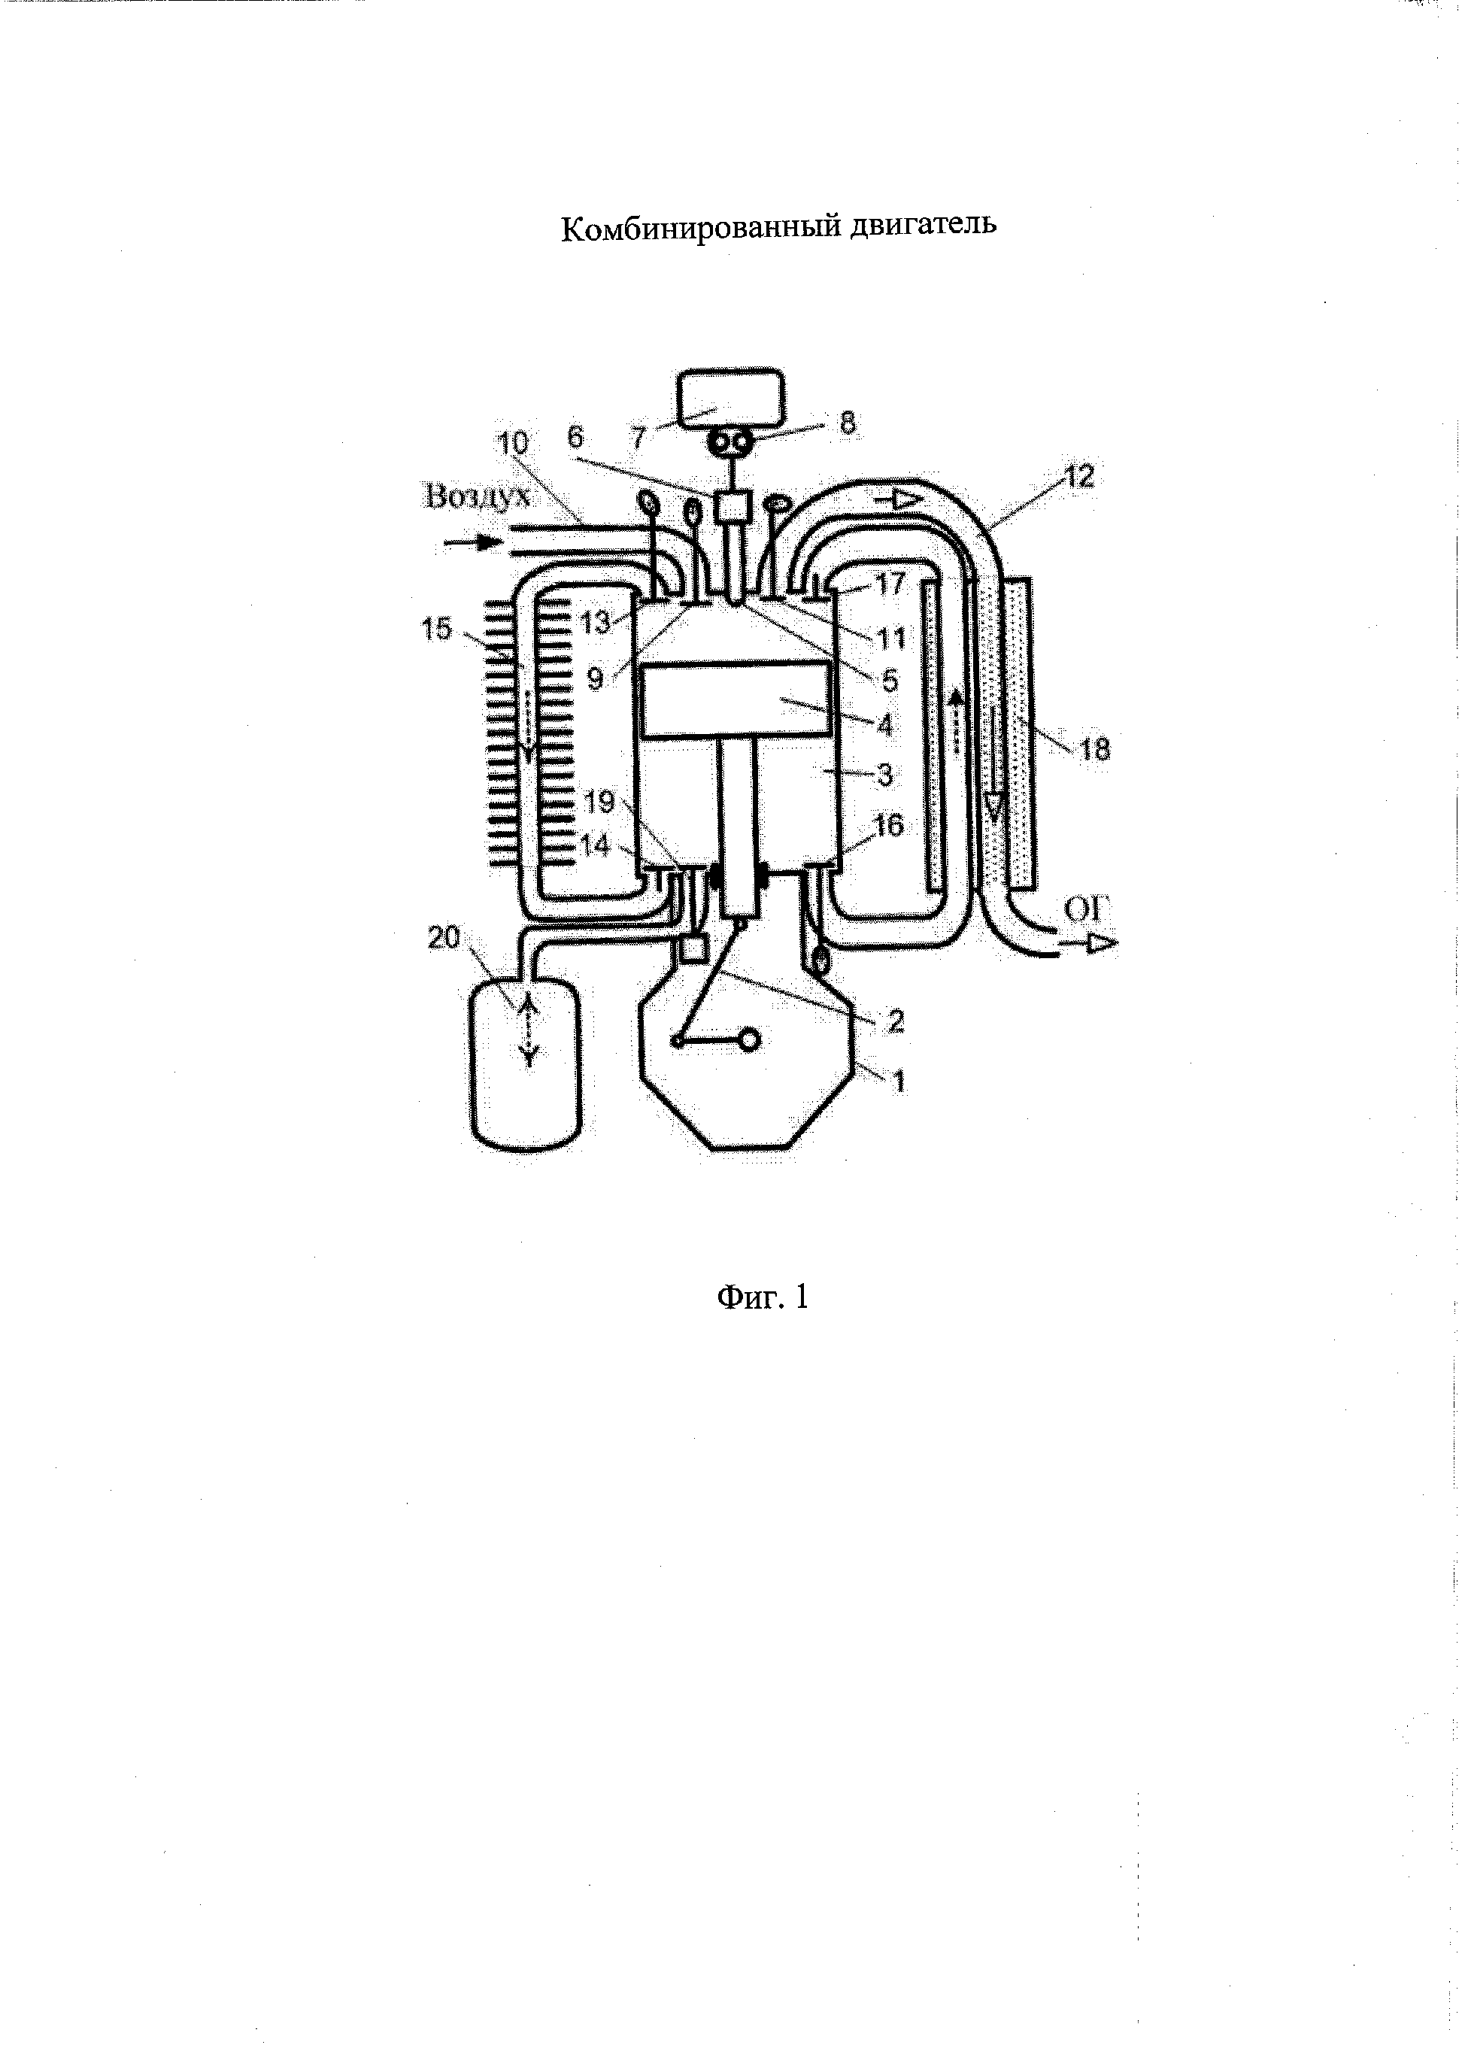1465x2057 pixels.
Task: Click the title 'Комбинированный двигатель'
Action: (x=778, y=228)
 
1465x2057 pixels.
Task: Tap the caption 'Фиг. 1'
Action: (x=763, y=1297)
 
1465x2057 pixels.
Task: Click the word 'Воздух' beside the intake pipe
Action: (x=476, y=497)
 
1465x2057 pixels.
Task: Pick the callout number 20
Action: (x=444, y=939)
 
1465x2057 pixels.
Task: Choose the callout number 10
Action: (x=511, y=444)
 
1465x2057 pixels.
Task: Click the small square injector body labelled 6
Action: (x=729, y=506)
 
